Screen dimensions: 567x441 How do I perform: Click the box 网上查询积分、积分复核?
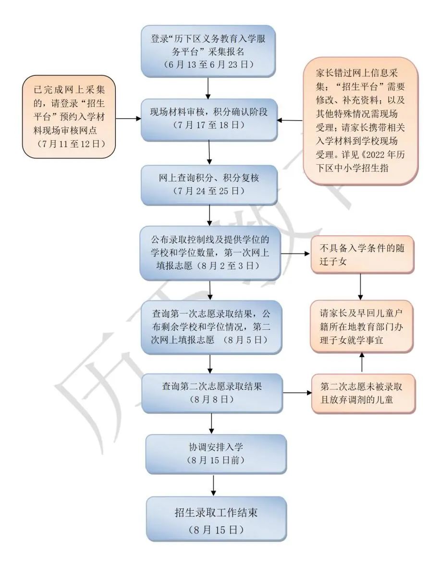pyautogui.click(x=209, y=185)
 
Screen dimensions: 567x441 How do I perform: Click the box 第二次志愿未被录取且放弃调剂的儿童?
pyautogui.click(x=363, y=393)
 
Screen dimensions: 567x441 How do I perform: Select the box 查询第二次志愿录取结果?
pyautogui.click(x=212, y=393)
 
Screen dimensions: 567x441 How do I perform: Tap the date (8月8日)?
pyautogui.click(x=212, y=399)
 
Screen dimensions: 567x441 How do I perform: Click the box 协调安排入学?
pyautogui.click(x=216, y=454)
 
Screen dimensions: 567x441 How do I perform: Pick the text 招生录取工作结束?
pyautogui.click(x=216, y=512)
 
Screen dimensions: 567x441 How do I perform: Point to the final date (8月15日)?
pyautogui.click(x=216, y=530)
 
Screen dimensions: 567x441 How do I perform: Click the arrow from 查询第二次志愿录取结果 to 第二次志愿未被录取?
pyautogui.click(x=296, y=393)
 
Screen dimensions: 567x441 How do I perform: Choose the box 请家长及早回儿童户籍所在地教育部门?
pyautogui.click(x=362, y=326)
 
